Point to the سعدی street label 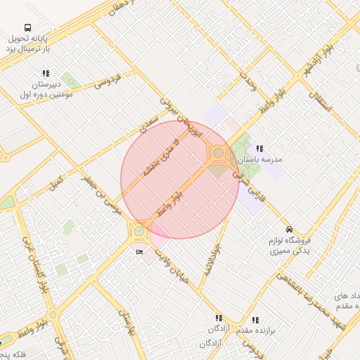coord(148,124)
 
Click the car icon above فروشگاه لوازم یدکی coord(289,229)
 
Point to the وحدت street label coord(247,81)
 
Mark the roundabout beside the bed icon coord(139,230)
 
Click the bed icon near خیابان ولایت coord(139,251)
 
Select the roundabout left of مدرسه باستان coord(219,152)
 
